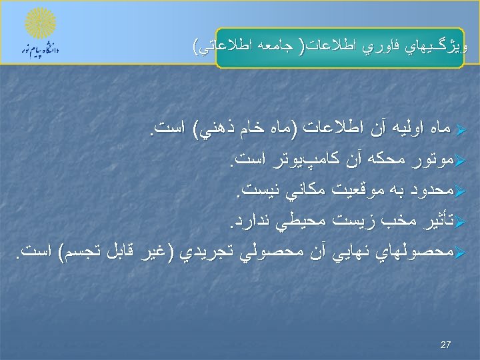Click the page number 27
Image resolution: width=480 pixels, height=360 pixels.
click(447, 345)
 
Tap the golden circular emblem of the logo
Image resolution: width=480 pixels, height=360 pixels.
click(41, 25)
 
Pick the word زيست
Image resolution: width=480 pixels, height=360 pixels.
click(346, 221)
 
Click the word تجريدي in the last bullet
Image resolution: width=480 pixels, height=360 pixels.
click(202, 253)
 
